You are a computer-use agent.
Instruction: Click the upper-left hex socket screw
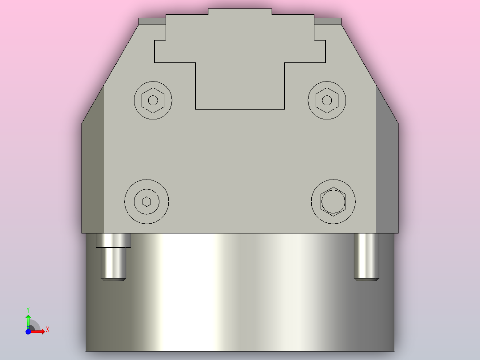point(153,100)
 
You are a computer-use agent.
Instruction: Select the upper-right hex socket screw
point(327,100)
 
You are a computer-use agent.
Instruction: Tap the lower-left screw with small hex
point(146,201)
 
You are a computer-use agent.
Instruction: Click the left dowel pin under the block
point(113,263)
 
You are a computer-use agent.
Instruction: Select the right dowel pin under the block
point(366,256)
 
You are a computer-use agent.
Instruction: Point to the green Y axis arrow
point(28,319)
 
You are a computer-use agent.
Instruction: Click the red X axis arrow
point(39,331)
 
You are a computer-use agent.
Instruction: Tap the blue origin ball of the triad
point(28,331)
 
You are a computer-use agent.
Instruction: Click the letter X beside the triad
point(47,330)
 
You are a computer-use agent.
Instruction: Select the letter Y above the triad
point(28,309)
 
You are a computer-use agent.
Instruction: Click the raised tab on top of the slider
point(240,12)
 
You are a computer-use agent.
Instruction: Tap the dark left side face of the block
point(93,169)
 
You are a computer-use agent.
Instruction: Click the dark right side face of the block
point(386,169)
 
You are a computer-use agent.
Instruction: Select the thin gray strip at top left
point(152,21)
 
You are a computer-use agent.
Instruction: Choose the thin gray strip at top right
point(328,21)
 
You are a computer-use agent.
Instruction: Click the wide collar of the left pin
point(114,241)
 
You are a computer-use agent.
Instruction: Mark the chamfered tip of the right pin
point(366,279)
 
